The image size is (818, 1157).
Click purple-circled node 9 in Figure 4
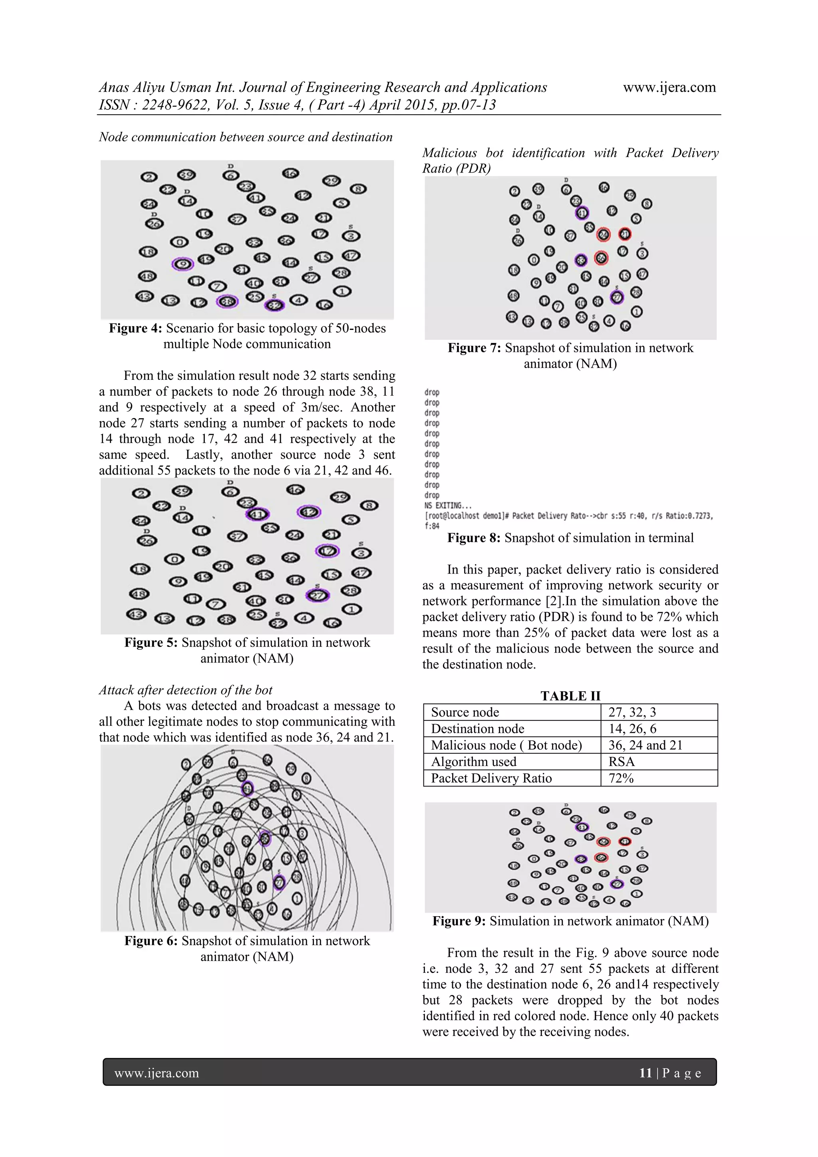183,264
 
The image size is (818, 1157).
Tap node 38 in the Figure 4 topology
227,302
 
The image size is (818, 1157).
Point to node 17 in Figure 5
328,551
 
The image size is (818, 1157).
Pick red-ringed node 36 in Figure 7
601,258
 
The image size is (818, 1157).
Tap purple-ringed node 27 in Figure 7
617,297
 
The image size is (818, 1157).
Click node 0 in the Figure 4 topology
179,242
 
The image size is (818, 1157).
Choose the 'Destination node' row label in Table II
477,729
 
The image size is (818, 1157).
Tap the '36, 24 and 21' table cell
645,745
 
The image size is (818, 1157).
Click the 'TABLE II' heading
570,696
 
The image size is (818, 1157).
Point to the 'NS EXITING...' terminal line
448,506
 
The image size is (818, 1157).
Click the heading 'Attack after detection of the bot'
185,690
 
